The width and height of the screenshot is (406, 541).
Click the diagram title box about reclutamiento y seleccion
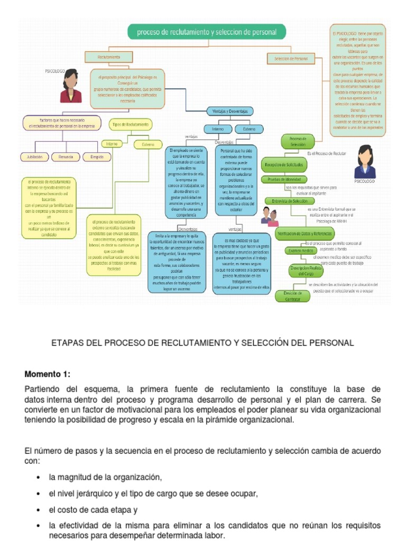[207, 32]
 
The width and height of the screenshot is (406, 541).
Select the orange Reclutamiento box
[109, 57]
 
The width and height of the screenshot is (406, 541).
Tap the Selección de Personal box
[287, 58]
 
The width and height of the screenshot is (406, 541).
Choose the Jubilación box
[34, 157]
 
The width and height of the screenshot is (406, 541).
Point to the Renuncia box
[66, 157]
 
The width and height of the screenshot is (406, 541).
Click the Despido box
[97, 157]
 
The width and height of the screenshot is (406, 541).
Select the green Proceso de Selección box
[298, 142]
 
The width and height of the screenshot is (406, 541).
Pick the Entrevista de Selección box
[289, 201]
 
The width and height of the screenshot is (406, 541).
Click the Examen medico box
[300, 250]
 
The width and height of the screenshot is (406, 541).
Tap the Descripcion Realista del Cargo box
[306, 271]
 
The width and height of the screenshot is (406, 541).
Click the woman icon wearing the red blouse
[70, 86]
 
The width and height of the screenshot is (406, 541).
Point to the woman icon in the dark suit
[365, 162]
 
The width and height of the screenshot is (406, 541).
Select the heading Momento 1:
[47, 374]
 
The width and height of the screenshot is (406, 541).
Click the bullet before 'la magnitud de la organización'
[39, 478]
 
